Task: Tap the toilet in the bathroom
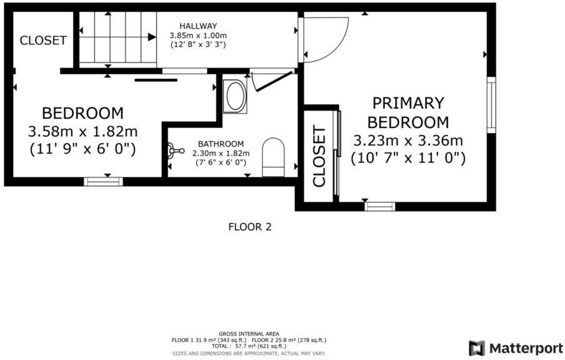tap(273, 157)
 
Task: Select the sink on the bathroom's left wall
tap(174, 150)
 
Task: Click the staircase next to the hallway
tap(116, 37)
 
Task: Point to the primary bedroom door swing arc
tap(325, 39)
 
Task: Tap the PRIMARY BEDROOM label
tap(407, 112)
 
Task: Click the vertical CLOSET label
tap(319, 156)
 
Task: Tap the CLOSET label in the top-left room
tap(43, 41)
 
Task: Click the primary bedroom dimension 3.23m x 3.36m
tap(407, 140)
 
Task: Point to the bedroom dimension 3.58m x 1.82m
tap(82, 132)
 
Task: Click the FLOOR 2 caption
tap(250, 227)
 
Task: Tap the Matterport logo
tap(516, 347)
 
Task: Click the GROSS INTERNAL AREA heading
tap(249, 334)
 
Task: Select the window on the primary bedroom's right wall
tap(491, 104)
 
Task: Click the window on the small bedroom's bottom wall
tap(103, 182)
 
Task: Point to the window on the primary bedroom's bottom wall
tap(380, 206)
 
